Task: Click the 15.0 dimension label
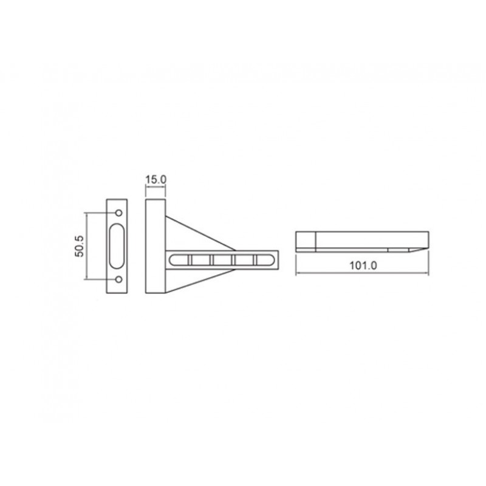tap(156, 179)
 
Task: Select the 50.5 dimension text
tap(80, 246)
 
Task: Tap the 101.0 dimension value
tap(363, 265)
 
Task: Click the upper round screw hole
tap(118, 213)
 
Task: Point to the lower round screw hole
tap(118, 279)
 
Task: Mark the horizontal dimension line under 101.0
tap(362, 273)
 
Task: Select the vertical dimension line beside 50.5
tap(87, 246)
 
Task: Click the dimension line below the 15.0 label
tap(156, 186)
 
